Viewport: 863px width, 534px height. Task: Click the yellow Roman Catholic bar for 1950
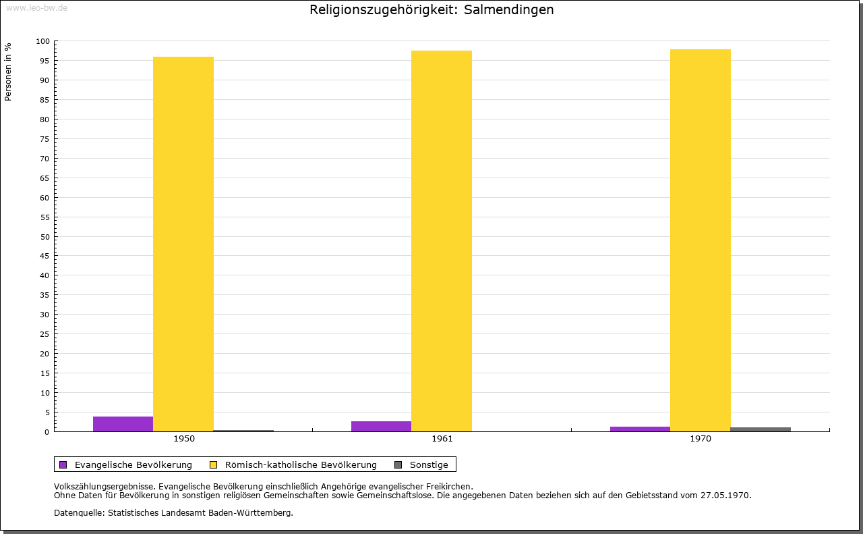coord(183,244)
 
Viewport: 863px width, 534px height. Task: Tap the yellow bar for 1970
coord(700,240)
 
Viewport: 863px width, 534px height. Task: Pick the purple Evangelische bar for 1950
coord(123,424)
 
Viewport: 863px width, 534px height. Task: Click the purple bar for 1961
coord(381,426)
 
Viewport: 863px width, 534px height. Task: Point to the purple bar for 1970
coord(640,429)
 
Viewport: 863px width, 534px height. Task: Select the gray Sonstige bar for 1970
coord(761,429)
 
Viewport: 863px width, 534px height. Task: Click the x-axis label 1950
coord(184,439)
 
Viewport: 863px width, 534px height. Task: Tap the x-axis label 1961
coord(442,439)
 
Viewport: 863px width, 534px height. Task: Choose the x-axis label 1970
coord(701,439)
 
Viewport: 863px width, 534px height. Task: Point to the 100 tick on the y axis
coord(43,41)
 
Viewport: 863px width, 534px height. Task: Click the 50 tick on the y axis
coord(45,237)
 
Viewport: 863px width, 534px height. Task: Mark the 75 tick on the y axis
coord(45,139)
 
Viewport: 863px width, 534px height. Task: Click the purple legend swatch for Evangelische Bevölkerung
coord(63,464)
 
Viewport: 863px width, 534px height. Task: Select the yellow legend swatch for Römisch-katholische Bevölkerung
coord(214,464)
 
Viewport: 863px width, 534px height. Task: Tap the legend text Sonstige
coord(429,464)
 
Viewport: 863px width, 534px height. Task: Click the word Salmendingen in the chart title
coord(509,10)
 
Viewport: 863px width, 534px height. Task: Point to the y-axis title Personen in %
coord(8,72)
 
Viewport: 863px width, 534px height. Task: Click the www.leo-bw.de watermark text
coord(36,7)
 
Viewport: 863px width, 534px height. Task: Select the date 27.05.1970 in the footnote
coord(725,495)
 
